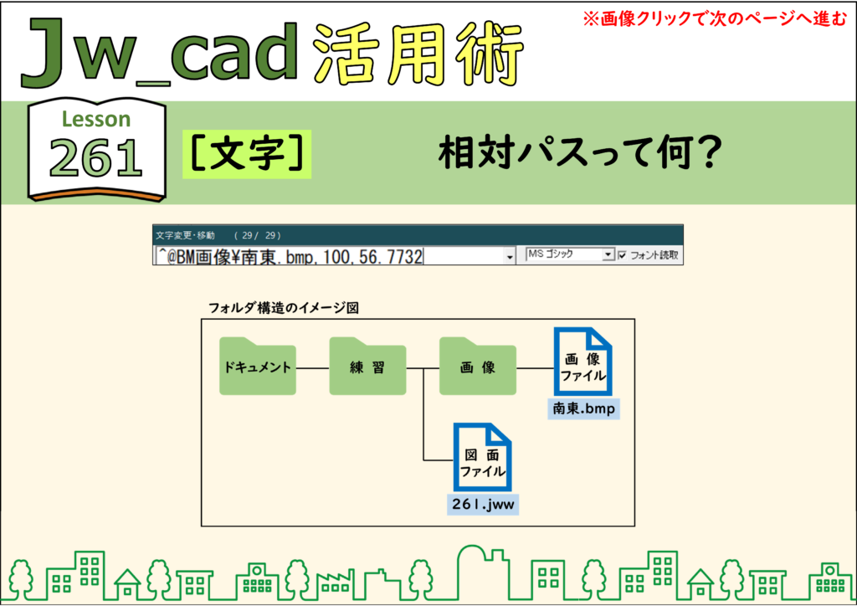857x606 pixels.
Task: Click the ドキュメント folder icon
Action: click(x=258, y=367)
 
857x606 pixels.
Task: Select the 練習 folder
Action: click(x=367, y=367)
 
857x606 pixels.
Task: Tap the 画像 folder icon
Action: click(x=478, y=367)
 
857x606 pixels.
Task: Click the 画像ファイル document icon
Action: click(x=582, y=362)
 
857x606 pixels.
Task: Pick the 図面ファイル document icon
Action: click(x=482, y=457)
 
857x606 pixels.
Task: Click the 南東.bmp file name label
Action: click(x=583, y=408)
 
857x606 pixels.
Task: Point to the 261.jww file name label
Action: click(x=483, y=504)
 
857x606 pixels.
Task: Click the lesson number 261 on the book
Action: click(x=96, y=158)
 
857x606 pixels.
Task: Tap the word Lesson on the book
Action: click(x=96, y=119)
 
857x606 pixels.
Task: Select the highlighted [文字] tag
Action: click(x=247, y=154)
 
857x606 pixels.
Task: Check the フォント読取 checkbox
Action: click(x=622, y=255)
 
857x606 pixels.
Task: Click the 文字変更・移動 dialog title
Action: click(x=185, y=235)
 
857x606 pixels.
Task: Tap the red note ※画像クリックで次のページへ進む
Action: click(x=715, y=19)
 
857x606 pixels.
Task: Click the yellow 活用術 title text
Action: click(x=418, y=54)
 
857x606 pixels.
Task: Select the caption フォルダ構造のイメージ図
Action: click(x=284, y=308)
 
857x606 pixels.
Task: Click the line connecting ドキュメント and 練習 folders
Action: click(x=313, y=368)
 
